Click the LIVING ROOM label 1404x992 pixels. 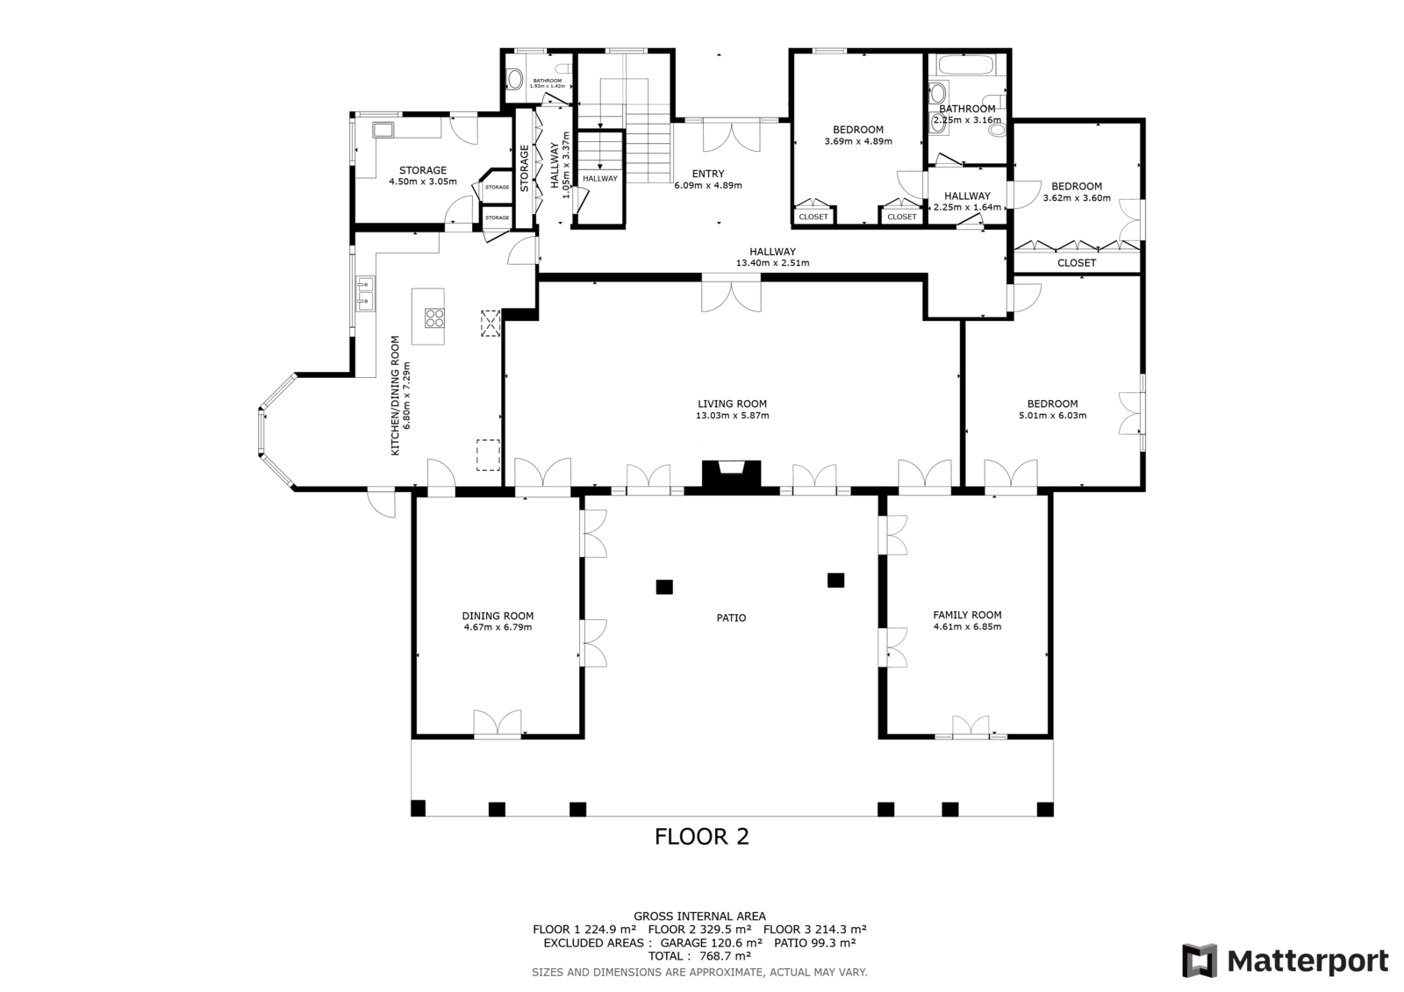coord(732,404)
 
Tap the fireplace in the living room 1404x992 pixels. coord(732,474)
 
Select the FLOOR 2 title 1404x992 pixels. coord(702,837)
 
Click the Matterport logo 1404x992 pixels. coord(1285,960)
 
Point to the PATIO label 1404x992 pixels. coord(732,617)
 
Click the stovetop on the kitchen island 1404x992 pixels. coord(434,318)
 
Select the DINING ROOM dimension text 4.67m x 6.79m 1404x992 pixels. coord(498,627)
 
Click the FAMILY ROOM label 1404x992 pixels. coord(967,615)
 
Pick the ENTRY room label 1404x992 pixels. coord(708,174)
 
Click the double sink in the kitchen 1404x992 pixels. coord(365,293)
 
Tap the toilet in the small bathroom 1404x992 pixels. coord(514,79)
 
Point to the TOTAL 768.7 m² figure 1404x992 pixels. coord(699,956)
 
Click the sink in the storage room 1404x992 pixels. coord(383,130)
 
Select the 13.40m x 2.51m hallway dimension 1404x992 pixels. coord(772,263)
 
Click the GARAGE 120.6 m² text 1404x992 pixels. coord(712,943)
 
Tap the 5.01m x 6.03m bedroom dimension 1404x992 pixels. coord(1052,416)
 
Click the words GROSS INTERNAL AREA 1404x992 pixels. coord(699,917)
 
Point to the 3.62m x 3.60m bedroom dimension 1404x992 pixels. coord(1077,198)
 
